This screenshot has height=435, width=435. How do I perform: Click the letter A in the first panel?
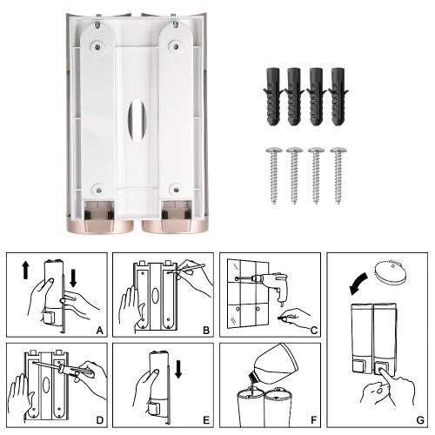point(99,331)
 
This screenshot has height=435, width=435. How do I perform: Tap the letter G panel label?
point(420,420)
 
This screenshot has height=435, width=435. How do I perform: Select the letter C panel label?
point(314,331)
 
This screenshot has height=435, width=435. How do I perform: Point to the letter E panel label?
point(206,420)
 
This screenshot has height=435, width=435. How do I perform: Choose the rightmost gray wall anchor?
point(338,97)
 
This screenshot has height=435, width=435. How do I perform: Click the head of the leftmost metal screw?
point(274,151)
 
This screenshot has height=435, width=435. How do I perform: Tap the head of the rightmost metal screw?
point(338,151)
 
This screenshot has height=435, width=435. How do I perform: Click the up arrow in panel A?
point(25,270)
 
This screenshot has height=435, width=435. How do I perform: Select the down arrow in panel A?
point(73,278)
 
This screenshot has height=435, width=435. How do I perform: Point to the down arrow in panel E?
point(178,369)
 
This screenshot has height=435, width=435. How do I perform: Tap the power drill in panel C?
point(272,285)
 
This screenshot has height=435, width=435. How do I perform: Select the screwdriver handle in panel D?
point(77,372)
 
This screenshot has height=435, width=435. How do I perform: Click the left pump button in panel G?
point(359,365)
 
